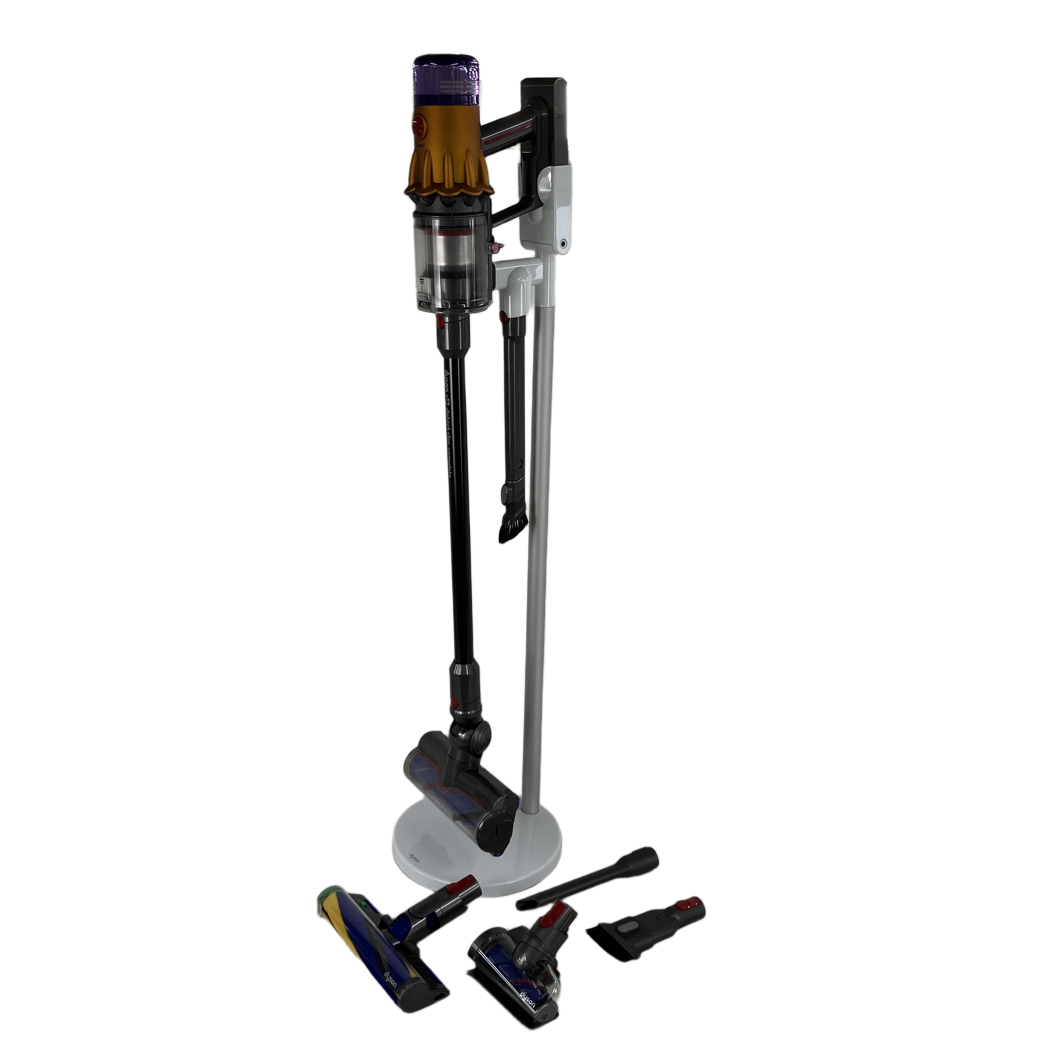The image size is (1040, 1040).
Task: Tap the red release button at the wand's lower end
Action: [454, 703]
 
